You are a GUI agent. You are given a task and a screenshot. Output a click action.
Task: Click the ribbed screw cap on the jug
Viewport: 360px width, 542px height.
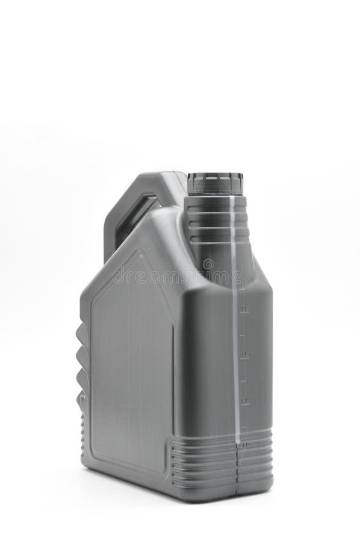pyautogui.click(x=215, y=183)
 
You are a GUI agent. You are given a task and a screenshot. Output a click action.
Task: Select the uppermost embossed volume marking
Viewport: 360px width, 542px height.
pyautogui.click(x=244, y=309)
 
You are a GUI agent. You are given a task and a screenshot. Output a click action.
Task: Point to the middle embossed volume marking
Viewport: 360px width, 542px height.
pyautogui.click(x=244, y=354)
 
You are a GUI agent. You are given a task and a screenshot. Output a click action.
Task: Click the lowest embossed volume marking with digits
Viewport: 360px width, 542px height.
pyautogui.click(x=245, y=399)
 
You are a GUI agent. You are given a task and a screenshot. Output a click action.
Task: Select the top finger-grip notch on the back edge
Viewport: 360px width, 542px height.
pyautogui.click(x=82, y=333)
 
